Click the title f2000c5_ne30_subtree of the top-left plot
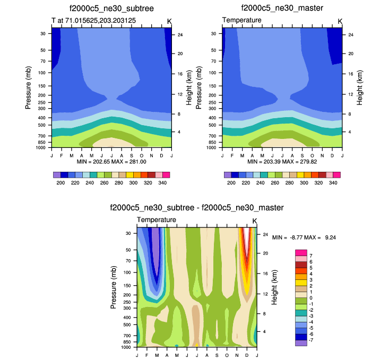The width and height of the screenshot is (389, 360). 111,8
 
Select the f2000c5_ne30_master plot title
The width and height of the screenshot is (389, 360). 282,8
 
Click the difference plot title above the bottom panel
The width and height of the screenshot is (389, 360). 196,207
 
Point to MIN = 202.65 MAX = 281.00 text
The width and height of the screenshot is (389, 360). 111,160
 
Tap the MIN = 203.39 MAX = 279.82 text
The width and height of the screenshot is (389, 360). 282,160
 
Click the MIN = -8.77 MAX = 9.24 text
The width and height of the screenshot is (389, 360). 305,238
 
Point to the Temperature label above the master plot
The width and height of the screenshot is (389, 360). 241,20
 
